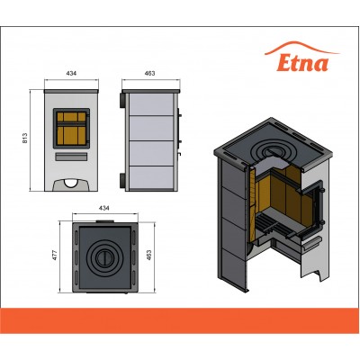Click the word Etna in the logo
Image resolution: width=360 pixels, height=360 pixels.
302,63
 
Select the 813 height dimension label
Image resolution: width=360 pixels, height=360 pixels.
25,138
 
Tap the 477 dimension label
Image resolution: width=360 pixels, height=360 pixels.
54,255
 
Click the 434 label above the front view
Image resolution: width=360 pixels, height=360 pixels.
71,73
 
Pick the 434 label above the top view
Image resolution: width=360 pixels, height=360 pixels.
104,208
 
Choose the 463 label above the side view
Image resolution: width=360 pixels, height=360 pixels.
149,73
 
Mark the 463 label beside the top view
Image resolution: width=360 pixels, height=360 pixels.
149,255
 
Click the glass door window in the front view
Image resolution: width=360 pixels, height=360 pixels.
71,129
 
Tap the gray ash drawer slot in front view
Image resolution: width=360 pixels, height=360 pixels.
71,157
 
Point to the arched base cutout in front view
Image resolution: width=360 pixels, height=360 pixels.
71,184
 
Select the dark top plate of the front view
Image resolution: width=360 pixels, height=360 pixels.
71,91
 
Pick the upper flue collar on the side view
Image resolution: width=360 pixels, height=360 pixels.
123,100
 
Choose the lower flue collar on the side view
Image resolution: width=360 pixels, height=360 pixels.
123,181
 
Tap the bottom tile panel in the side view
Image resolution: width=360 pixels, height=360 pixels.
151,178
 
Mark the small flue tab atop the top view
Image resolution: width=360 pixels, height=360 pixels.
104,221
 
